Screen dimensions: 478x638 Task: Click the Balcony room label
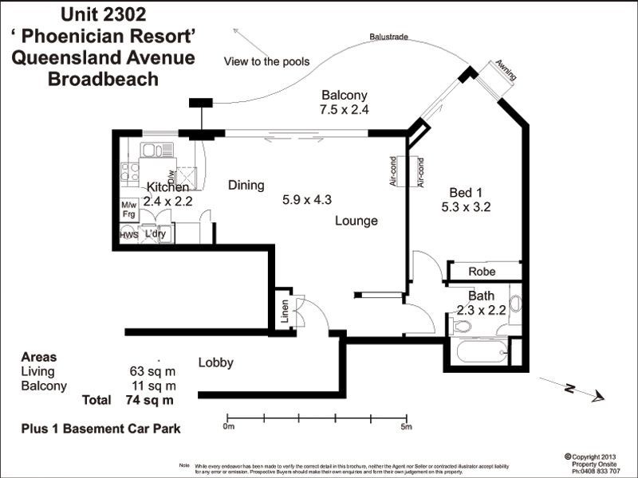(344, 95)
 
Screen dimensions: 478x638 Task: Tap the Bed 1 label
(467, 192)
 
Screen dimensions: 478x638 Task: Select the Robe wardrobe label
(482, 272)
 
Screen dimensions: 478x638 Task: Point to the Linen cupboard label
(285, 313)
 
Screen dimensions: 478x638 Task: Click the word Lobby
(215, 363)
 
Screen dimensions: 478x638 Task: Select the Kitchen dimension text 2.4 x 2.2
(167, 202)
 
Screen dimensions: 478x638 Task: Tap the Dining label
(246, 186)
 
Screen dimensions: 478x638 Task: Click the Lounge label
(356, 221)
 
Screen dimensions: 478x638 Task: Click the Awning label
(506, 70)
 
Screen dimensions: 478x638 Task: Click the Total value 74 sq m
(149, 400)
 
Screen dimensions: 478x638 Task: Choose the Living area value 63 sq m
(152, 371)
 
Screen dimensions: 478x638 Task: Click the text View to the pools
(266, 61)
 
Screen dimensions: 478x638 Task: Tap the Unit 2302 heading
(101, 14)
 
